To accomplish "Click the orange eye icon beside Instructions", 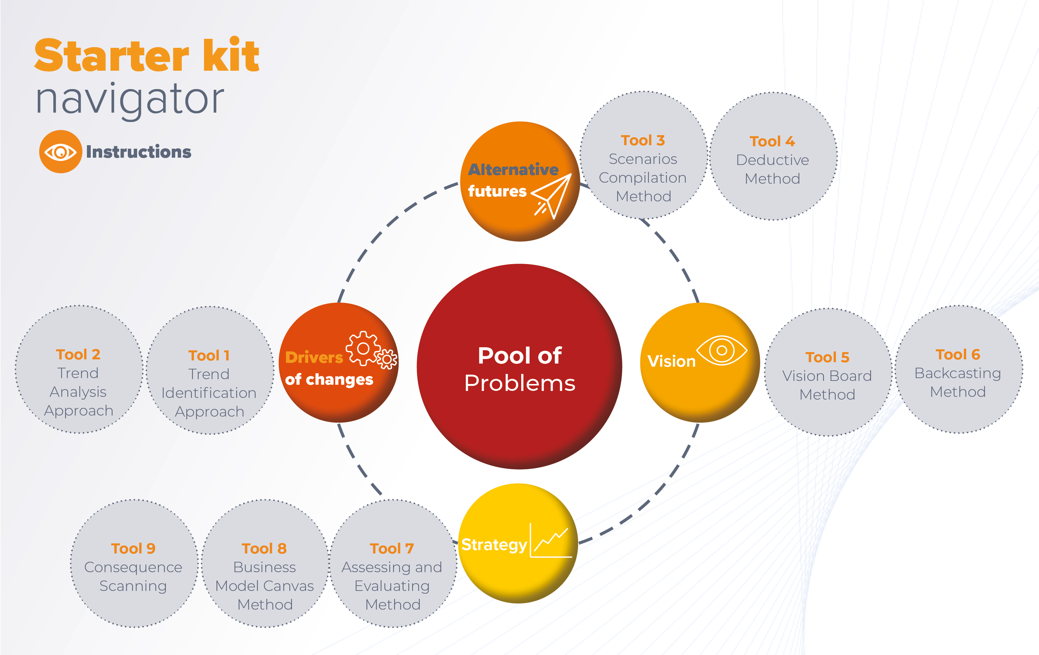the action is point(60,151).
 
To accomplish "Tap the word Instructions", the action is point(139,152).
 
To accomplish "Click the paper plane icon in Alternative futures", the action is point(551,196).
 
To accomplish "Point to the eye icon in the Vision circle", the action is point(721,350).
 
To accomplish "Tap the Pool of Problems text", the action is point(519,369).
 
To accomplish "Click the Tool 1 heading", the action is point(209,355).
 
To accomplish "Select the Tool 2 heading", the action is point(78,355).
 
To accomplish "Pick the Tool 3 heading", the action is point(643,140).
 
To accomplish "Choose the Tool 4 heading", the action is point(772,141).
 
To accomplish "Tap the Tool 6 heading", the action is point(958,355).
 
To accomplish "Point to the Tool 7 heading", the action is point(392,548).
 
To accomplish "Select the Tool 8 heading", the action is point(264,548).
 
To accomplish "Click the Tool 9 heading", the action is point(133,548).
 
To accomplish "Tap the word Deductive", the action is point(772,160).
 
